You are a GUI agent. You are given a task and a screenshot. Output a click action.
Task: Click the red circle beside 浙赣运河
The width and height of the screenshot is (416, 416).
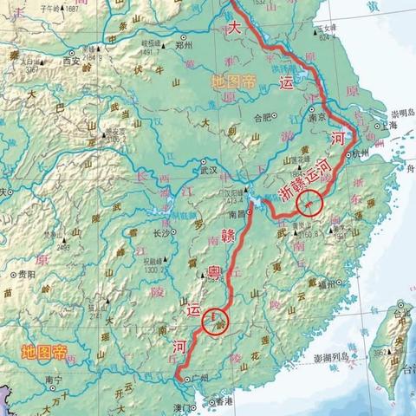coord(308,203)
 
